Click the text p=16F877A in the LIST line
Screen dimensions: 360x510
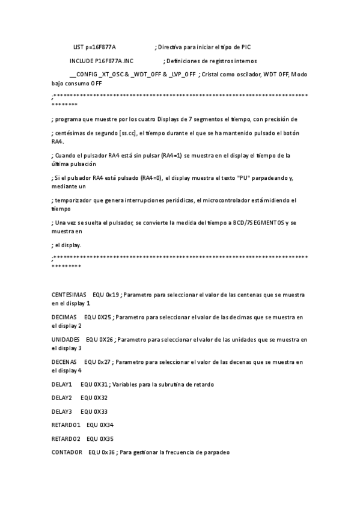(x=101, y=47)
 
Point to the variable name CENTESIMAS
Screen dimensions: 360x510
(x=69, y=295)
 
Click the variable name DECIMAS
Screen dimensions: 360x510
(x=64, y=317)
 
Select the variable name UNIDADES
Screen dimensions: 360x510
(x=66, y=340)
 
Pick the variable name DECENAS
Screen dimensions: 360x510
(x=64, y=362)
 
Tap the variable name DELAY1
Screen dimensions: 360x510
(x=62, y=384)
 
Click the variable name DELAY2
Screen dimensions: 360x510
(x=62, y=398)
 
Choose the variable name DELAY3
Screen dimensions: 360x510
(x=62, y=411)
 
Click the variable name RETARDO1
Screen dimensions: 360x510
(x=66, y=425)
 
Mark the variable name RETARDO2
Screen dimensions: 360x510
(x=66, y=439)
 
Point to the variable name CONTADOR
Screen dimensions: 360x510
(x=67, y=452)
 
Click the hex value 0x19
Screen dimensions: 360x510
(x=112, y=295)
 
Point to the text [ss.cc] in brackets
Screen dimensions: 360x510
(x=127, y=133)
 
